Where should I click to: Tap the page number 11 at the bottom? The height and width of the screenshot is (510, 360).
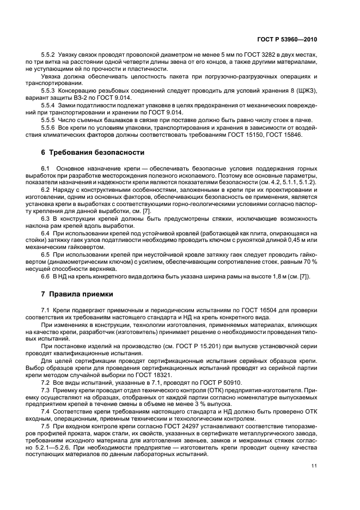click(x=314, y=465)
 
